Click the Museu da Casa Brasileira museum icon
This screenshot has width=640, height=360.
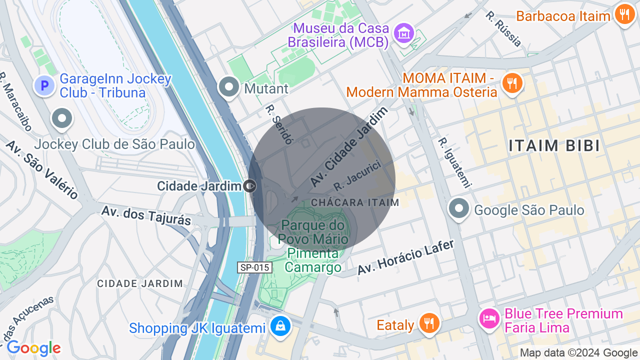coord(403,33)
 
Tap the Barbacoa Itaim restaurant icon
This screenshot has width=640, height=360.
coord(624,14)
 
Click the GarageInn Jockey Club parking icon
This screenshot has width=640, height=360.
coord(44,86)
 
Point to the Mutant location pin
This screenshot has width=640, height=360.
coord(229,87)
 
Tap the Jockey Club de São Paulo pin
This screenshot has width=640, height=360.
coord(62,119)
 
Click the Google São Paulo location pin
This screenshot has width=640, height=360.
coord(458,208)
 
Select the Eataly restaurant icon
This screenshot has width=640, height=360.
coord(429,323)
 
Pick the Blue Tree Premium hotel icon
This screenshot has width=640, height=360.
coord(489,317)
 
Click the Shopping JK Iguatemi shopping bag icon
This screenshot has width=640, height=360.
coord(280,326)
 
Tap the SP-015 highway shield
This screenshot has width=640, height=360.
coord(255,267)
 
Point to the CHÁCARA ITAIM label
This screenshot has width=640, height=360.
coord(355,202)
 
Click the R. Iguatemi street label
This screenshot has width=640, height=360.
coord(454,163)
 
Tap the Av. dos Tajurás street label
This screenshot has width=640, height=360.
coord(146,214)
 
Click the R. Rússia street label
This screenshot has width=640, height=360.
coord(503,28)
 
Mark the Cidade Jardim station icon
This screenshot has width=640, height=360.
coord(250,186)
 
